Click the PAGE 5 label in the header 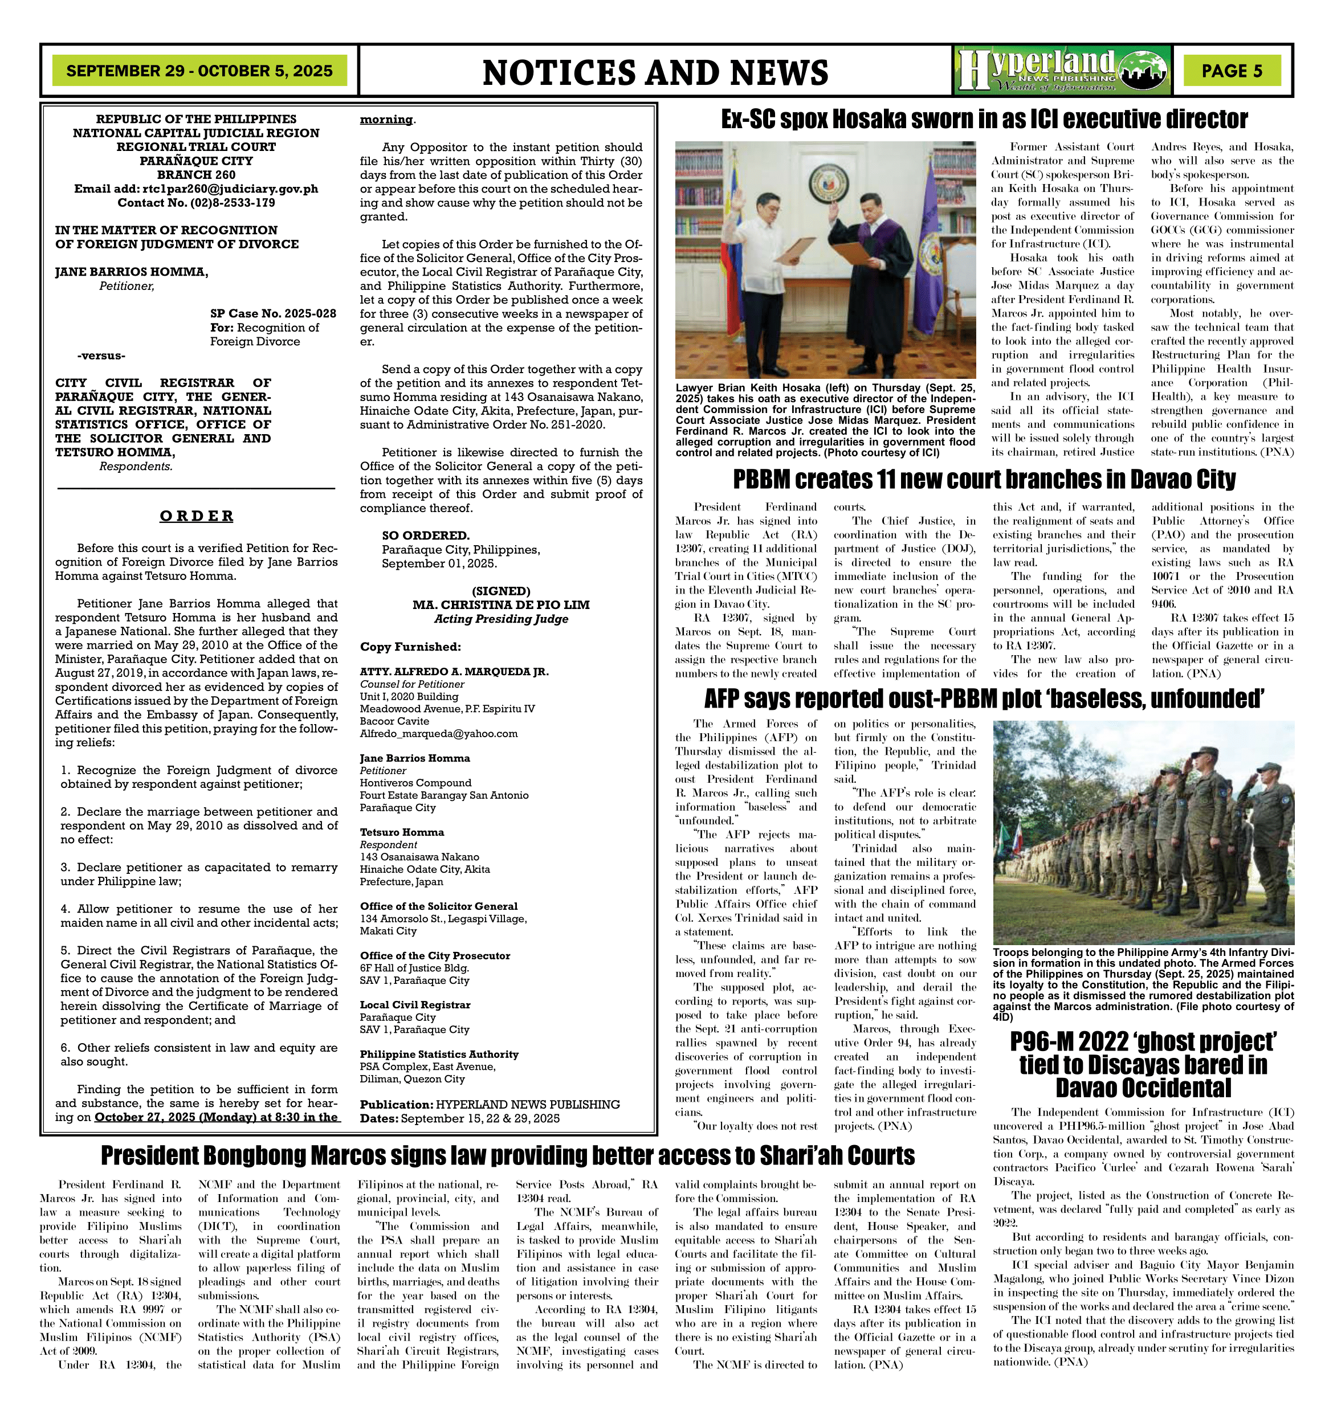1232,71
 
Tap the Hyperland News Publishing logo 1063,70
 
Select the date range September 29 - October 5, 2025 199,71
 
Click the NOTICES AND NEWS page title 655,72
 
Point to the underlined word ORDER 196,516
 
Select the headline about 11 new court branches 984,480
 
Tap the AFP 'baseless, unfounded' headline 984,699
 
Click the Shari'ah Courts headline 507,1156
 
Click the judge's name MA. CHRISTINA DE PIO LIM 501,604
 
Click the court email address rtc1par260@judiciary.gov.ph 230,189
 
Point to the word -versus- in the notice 101,355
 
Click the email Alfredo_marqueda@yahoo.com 438,733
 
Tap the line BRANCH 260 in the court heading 196,175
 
